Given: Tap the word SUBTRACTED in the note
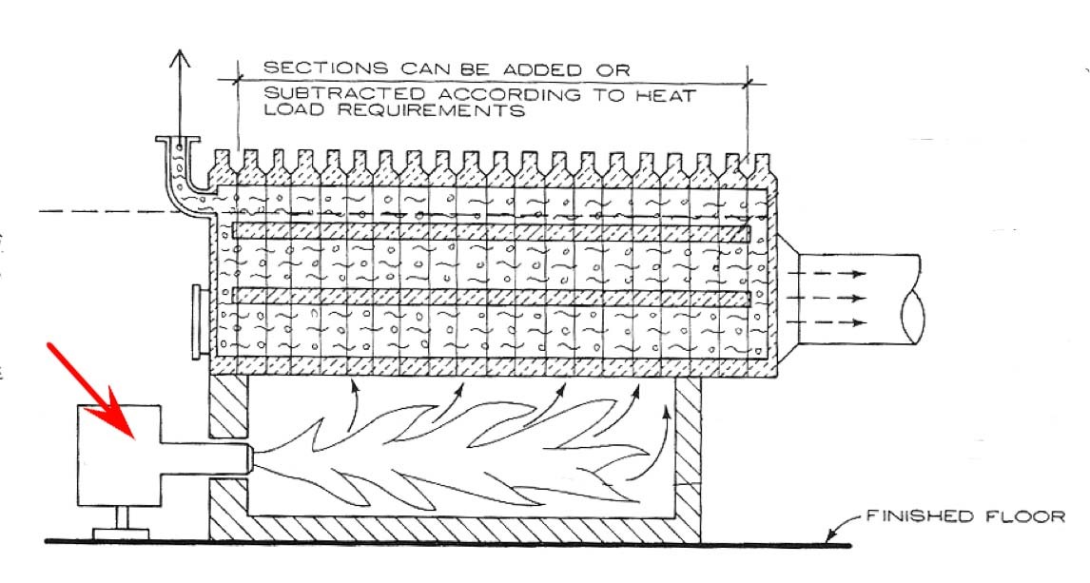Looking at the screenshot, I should (324, 94).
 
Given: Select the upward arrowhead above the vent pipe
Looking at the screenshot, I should (178, 57).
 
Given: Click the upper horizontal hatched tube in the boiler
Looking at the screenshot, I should (490, 231).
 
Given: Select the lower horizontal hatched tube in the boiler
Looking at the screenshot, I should (490, 297).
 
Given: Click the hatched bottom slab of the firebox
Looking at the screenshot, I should (457, 529).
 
